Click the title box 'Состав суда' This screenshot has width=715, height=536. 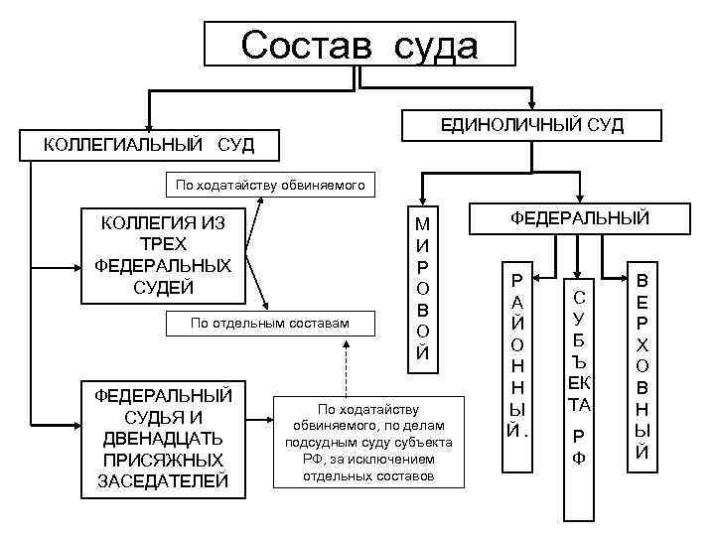coord(359,45)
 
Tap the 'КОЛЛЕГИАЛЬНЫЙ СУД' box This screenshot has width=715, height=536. coord(149,146)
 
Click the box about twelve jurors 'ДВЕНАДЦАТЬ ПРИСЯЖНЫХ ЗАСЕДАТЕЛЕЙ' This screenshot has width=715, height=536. coord(162,438)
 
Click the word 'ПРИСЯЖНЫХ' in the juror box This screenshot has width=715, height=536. coord(162,460)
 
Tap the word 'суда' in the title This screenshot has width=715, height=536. coord(434,45)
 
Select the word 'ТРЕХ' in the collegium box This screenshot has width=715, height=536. coord(162,244)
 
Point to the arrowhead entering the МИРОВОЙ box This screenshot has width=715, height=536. coord(422,201)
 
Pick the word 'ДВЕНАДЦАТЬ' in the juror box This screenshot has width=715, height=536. coord(162,438)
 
